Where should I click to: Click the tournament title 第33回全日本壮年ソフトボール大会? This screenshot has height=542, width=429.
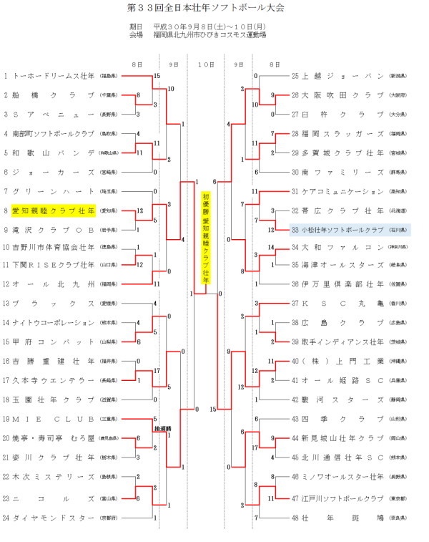215,9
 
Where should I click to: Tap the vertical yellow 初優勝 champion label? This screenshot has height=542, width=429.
206,236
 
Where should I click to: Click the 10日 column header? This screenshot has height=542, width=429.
206,64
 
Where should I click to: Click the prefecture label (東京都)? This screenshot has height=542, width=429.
398,498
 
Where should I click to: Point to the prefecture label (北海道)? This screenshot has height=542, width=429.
398,210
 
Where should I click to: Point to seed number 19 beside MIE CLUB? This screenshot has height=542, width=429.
6,419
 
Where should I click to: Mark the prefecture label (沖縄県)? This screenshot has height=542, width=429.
398,361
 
